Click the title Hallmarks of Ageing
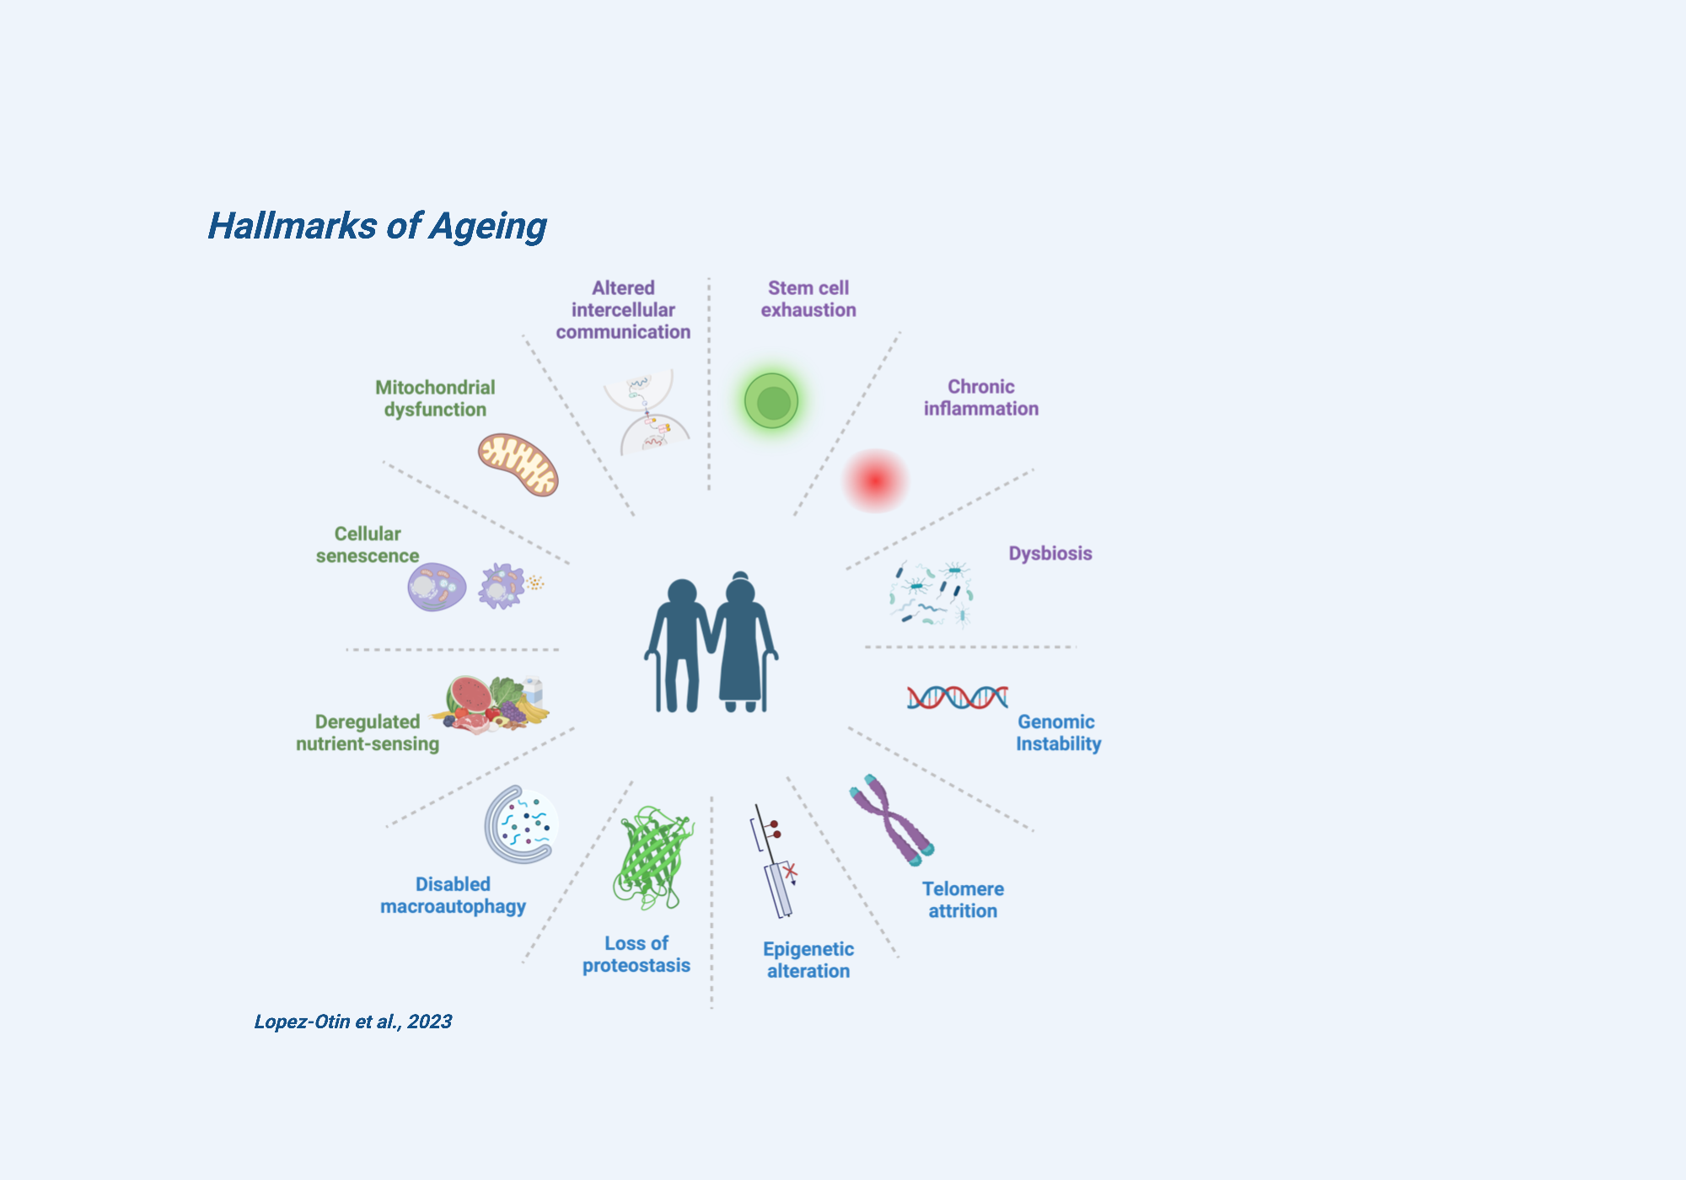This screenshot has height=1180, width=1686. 377,226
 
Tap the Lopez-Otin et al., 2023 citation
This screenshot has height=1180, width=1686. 352,1022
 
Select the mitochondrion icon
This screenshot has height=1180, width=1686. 518,464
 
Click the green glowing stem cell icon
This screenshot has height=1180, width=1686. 771,400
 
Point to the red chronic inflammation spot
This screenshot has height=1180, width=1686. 876,480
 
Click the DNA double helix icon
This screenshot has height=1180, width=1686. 957,697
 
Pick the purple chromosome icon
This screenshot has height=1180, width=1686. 891,821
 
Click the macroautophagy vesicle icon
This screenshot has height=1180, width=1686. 521,824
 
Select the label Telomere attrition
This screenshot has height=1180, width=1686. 963,899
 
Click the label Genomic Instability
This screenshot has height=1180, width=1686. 1057,732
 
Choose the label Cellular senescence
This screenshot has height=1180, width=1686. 368,544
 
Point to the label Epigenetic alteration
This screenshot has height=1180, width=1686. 808,959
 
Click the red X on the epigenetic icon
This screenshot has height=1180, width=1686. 790,871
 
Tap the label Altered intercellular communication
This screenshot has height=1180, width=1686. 623,309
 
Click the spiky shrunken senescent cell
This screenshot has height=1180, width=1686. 500,587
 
